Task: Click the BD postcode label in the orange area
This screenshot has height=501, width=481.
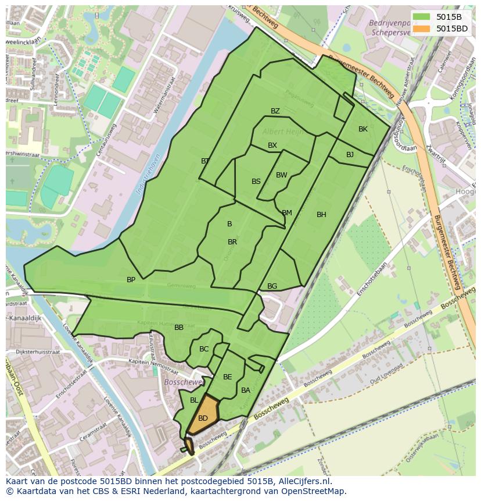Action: (203, 418)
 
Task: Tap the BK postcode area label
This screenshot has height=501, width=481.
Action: (363, 129)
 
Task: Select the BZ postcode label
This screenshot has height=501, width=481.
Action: (275, 111)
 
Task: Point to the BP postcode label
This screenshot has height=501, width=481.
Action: (131, 280)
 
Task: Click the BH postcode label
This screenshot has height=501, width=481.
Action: (321, 215)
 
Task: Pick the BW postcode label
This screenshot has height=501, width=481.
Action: (281, 175)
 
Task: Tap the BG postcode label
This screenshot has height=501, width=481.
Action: (272, 286)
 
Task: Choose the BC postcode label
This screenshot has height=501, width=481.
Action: (204, 349)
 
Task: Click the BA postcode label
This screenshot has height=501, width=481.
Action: (246, 390)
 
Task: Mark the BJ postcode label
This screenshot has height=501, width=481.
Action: (350, 155)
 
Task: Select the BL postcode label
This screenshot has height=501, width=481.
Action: (194, 400)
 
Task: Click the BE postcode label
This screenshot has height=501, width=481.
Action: (227, 377)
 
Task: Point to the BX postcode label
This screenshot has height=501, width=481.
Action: (272, 145)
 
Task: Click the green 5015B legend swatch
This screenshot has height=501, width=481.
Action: (422, 17)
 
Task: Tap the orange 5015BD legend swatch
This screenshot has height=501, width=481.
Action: (422, 28)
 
